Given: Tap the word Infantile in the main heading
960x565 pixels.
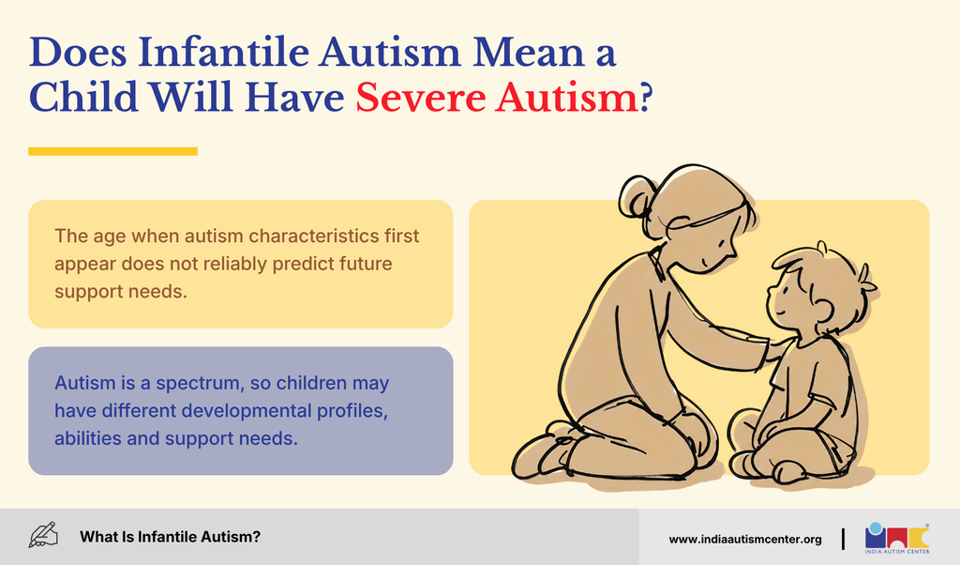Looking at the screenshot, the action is pyautogui.click(x=223, y=52).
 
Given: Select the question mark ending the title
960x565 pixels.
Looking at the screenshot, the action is pyautogui.click(x=646, y=98).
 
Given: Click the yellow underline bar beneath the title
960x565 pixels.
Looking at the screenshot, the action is pyautogui.click(x=112, y=151).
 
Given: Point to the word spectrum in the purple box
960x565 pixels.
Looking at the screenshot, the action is pyautogui.click(x=199, y=384).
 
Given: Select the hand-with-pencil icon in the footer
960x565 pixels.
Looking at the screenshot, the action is pyautogui.click(x=43, y=535).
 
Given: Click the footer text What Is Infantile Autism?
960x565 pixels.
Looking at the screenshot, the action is pyautogui.click(x=170, y=537).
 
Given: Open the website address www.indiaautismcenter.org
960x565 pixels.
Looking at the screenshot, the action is pyautogui.click(x=745, y=540).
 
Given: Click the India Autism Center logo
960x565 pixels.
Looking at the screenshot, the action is pyautogui.click(x=897, y=538).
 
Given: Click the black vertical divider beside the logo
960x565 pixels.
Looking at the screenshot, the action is pyautogui.click(x=843, y=539).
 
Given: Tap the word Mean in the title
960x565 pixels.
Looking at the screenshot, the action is pyautogui.click(x=529, y=52).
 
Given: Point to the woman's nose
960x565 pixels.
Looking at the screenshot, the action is pyautogui.click(x=732, y=252).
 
